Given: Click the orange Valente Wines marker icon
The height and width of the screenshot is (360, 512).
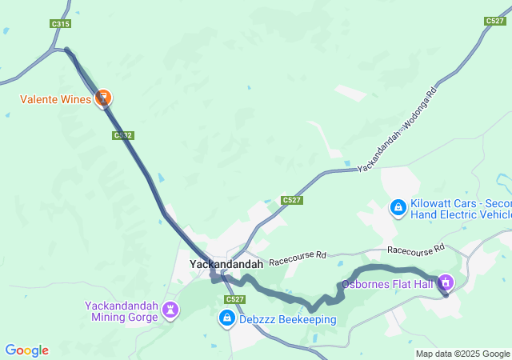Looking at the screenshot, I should tap(102, 98).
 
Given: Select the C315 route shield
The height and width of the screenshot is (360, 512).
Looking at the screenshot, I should tap(60, 24).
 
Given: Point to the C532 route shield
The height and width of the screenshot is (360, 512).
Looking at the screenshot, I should tap(122, 135).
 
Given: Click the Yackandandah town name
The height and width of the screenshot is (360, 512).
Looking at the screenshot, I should tap(226, 263).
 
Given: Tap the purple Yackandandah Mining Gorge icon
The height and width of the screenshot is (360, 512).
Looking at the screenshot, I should tap(170, 309).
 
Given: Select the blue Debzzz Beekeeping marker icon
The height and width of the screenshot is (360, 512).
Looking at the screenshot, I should tap(226, 318).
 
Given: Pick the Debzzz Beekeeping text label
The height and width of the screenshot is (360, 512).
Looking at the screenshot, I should tap(286, 319).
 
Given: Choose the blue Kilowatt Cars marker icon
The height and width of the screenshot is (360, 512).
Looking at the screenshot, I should tap(398, 208).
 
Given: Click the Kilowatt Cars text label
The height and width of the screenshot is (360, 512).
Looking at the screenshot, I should tap(461, 209).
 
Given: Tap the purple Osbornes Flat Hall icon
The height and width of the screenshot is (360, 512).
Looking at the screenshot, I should tap(446, 282).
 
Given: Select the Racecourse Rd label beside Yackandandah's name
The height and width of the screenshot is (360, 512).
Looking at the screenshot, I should tap(298, 257).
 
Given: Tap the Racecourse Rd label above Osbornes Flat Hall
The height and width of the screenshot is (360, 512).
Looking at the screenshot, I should tap(415, 250).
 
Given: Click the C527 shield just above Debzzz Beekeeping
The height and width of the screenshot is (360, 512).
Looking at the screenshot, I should tap(234, 299).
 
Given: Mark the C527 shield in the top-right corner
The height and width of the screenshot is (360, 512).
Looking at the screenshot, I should tap(494, 22).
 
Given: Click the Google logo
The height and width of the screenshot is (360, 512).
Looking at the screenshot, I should tap(26, 350).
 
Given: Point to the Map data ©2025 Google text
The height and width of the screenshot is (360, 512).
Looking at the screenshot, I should tap(462, 354).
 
